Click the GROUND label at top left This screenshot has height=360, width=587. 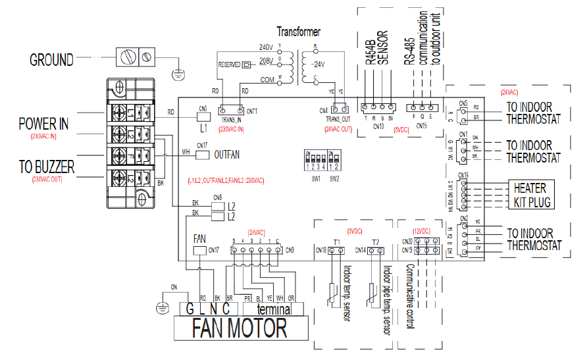click(51, 60)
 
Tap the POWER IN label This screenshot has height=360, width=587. click(43, 124)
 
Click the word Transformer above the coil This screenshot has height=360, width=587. click(299, 32)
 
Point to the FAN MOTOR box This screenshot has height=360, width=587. click(239, 327)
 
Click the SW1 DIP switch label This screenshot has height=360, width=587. click(317, 178)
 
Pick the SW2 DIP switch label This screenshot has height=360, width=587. click(334, 178)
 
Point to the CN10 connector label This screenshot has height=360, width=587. click(377, 125)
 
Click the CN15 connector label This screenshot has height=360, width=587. click(421, 125)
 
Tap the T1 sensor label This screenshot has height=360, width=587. click(337, 242)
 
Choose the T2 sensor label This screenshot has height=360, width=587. click(375, 242)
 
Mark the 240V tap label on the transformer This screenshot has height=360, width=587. click(265, 47)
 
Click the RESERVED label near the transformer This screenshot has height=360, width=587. click(228, 64)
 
